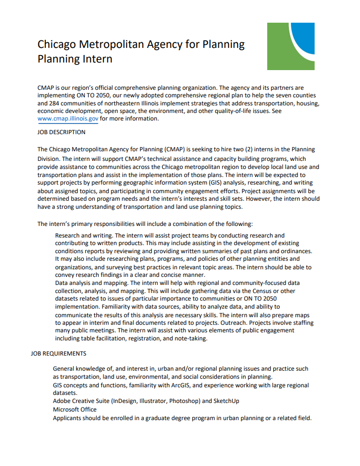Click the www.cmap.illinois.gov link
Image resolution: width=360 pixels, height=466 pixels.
(x=68, y=119)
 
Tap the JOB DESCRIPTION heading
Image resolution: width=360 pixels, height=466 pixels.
(x=62, y=133)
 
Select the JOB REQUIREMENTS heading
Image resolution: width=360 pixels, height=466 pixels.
(x=58, y=354)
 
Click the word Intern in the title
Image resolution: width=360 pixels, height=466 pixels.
(x=96, y=59)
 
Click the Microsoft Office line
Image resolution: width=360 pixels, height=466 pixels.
(x=75, y=410)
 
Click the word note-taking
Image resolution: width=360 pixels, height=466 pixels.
(x=190, y=338)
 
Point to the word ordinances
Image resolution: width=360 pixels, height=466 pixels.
(x=294, y=251)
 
